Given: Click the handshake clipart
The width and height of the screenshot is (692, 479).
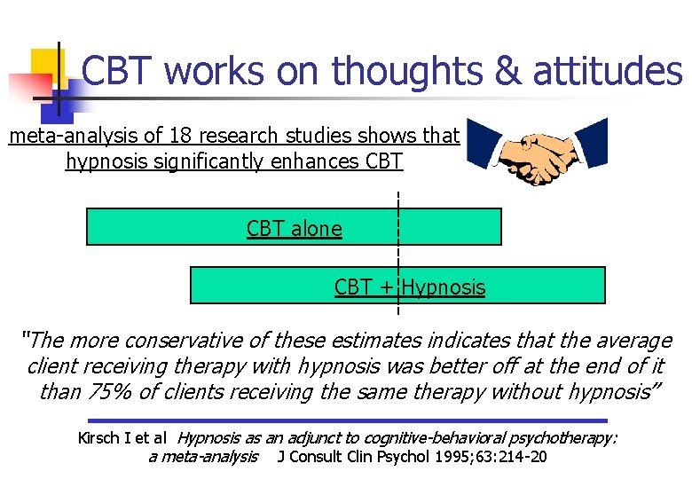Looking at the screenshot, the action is (x=537, y=153).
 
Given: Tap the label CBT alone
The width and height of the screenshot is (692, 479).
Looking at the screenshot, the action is (x=294, y=228).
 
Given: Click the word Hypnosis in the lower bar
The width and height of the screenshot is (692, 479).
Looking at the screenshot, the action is (x=444, y=287).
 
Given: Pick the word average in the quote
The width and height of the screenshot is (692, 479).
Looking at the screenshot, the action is (x=633, y=341).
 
